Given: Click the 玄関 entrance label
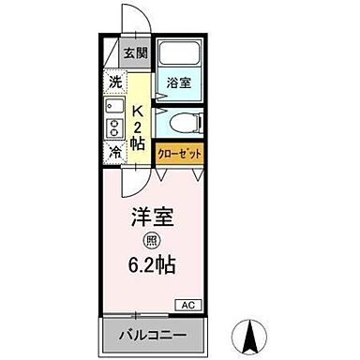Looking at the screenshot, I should point(135,52).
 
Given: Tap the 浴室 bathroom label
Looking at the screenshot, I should point(178,82).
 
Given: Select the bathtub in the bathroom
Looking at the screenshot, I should point(178,56).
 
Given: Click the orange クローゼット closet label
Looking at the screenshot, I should point(180,150).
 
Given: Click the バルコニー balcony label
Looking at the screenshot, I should point(152,335).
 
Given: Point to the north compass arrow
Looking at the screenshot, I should point(251,333).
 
